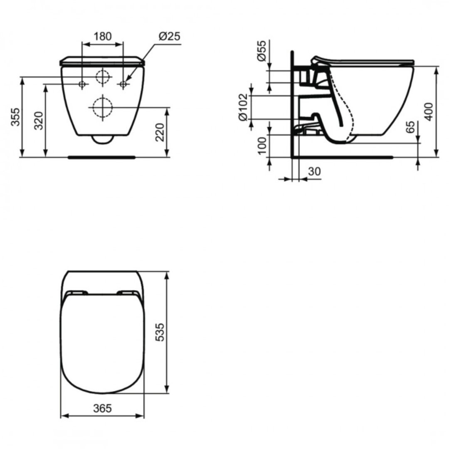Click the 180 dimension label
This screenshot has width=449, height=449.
click(102, 36)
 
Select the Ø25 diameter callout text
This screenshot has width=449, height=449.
click(169, 36)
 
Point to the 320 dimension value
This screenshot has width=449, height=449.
click(39, 121)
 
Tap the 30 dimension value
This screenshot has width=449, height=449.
click(314, 172)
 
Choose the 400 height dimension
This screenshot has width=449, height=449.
click(429, 111)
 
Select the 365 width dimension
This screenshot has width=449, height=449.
click(102, 408)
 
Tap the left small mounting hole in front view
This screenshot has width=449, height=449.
click(82, 84)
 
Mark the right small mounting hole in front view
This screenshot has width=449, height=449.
click(123, 84)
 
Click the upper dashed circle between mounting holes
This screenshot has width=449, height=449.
click(102, 76)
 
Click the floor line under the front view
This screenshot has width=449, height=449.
click(101, 158)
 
